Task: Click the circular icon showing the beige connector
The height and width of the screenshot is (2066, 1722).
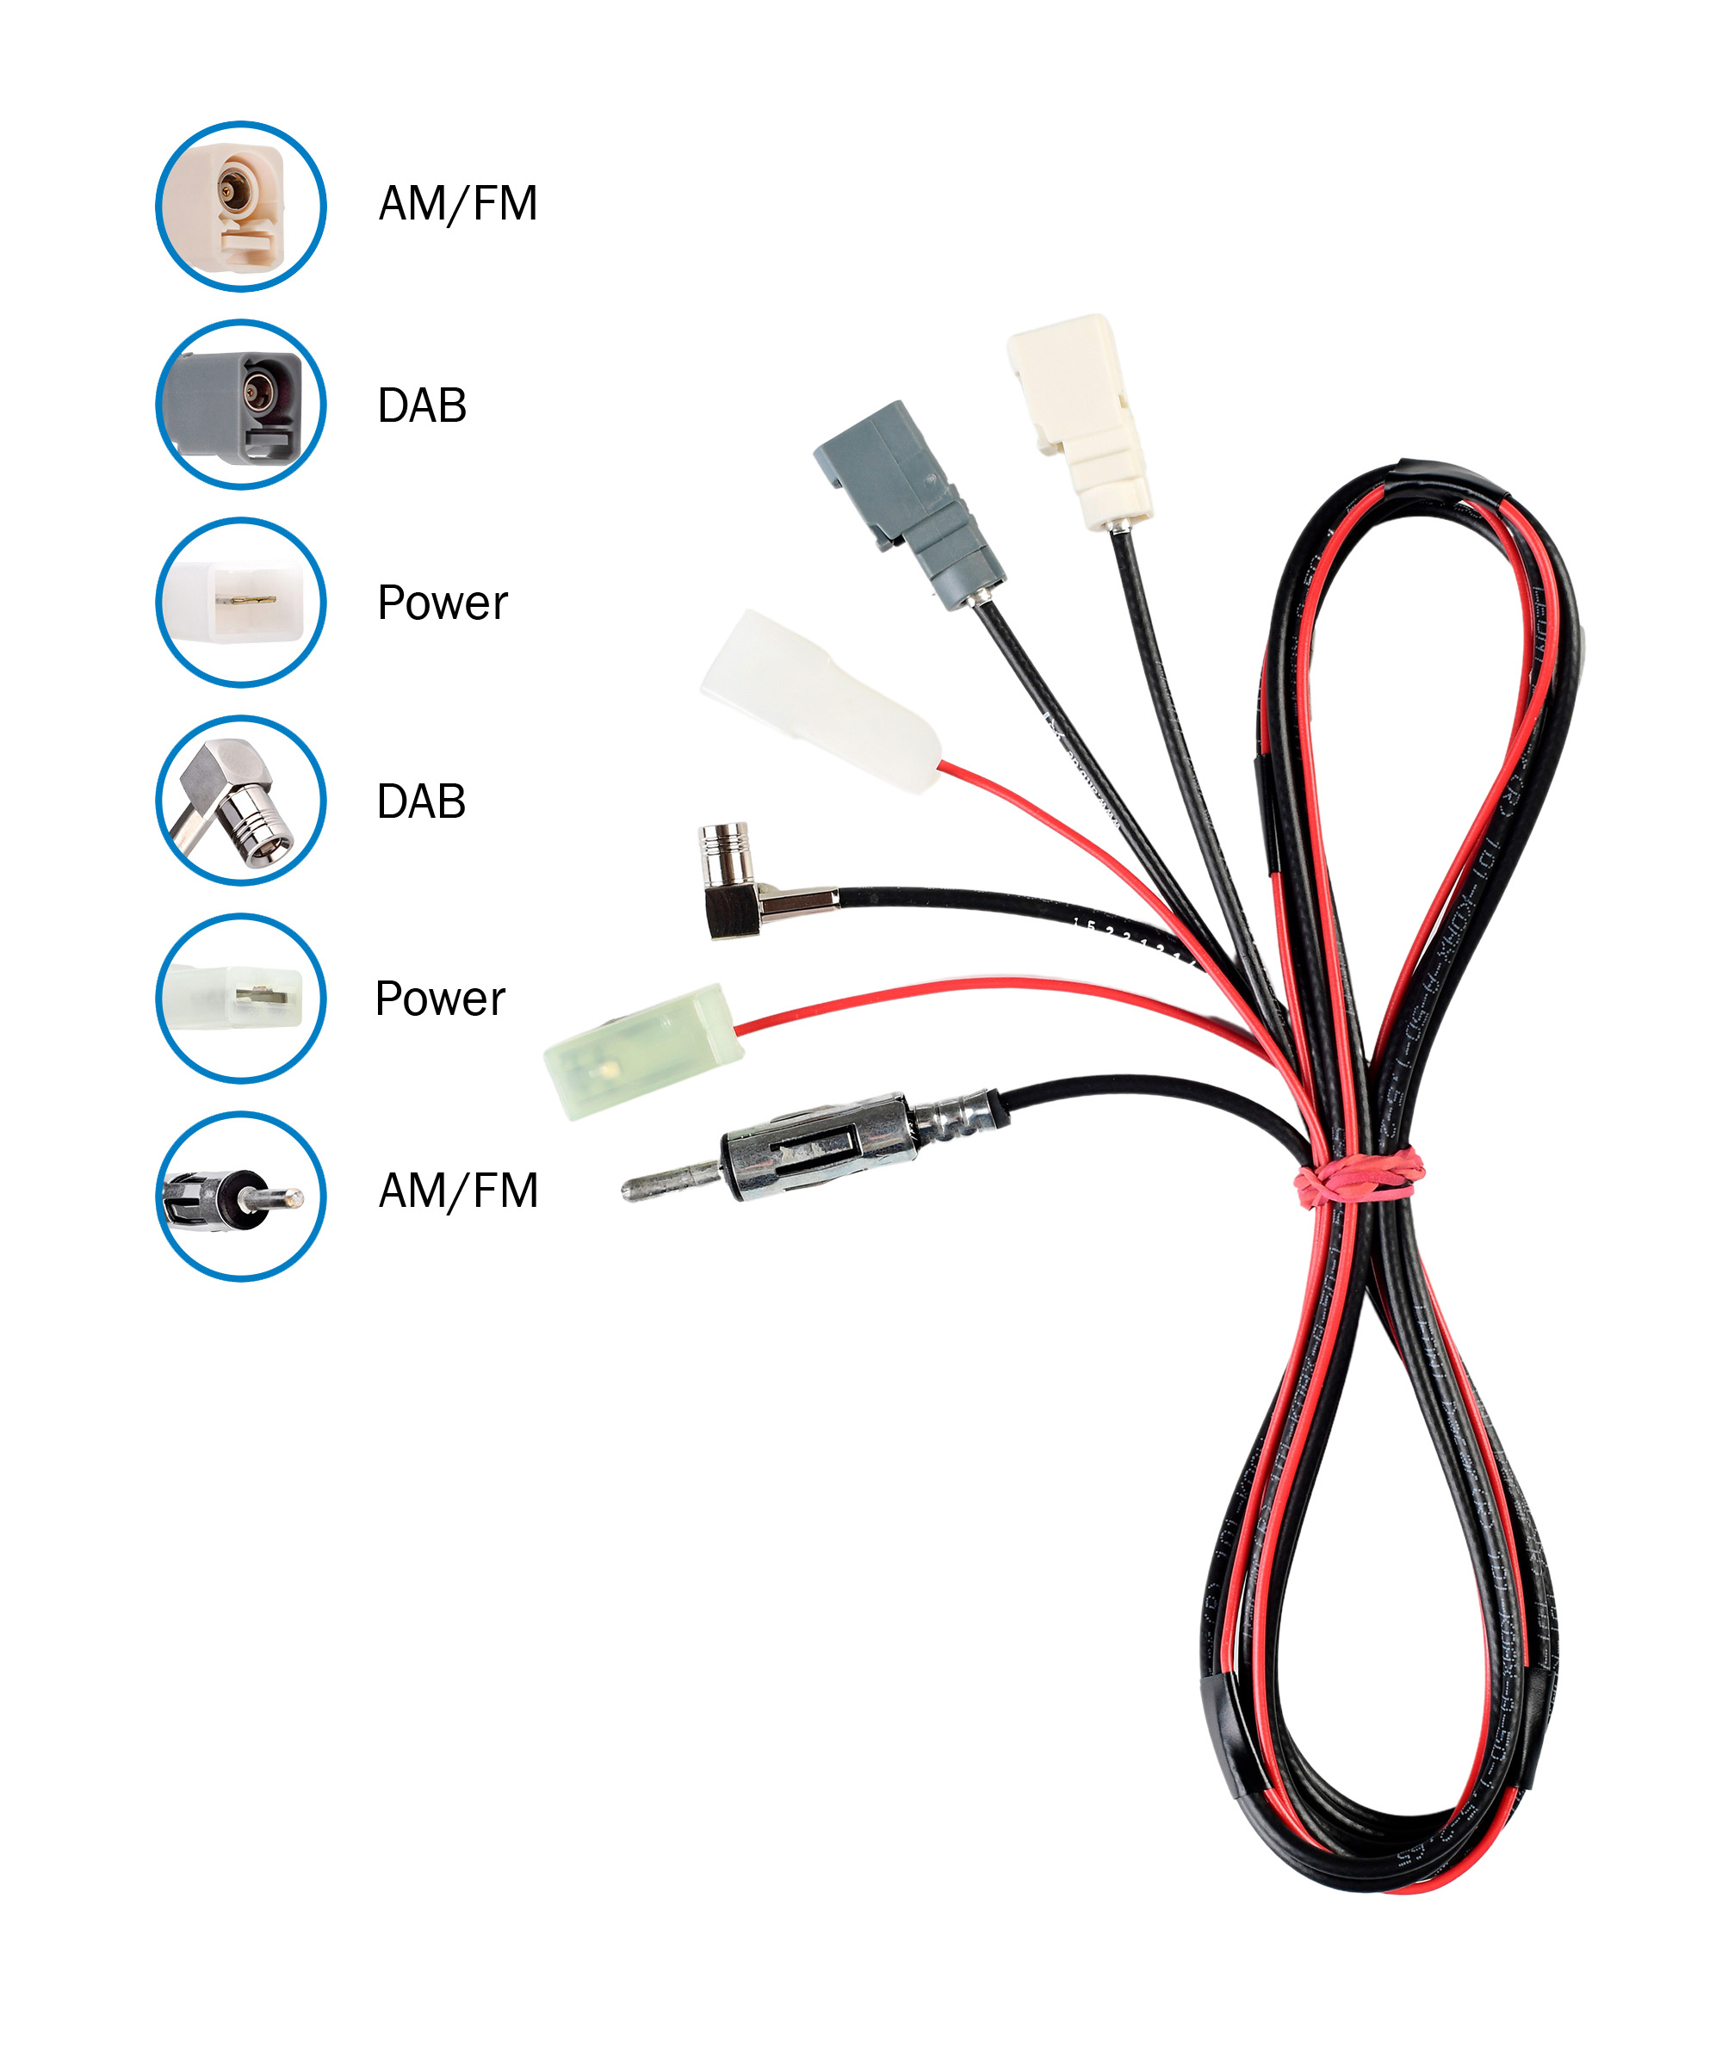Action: (x=241, y=207)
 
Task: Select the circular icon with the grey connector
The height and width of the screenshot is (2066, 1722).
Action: (x=241, y=405)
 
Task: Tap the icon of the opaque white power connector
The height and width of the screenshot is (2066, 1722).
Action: (x=241, y=602)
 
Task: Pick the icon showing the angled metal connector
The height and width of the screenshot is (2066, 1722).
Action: (x=241, y=800)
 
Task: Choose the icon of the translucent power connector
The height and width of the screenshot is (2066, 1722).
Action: (x=241, y=999)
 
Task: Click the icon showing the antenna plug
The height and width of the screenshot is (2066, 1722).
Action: (x=241, y=1197)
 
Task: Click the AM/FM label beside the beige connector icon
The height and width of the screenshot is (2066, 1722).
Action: (x=459, y=205)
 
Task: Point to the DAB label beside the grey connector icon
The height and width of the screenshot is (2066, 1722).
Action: (x=422, y=405)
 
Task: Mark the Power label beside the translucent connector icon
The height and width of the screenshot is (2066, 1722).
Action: (x=440, y=999)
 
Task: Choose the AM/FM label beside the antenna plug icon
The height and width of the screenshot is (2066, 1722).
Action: (x=459, y=1191)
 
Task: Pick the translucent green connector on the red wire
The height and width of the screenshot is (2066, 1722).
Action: (x=645, y=1051)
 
